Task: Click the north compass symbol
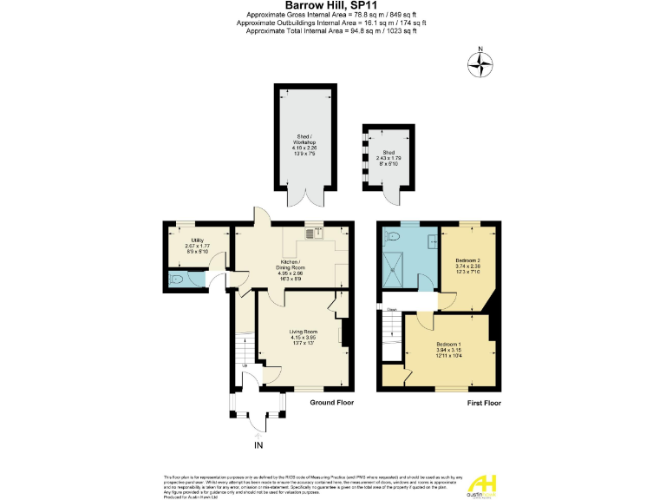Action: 480,62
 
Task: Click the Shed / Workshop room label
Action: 304,145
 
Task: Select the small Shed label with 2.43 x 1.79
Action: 388,156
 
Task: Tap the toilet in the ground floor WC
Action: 178,279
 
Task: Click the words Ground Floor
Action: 333,403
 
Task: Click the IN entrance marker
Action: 258,445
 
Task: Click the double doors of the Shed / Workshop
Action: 304,198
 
